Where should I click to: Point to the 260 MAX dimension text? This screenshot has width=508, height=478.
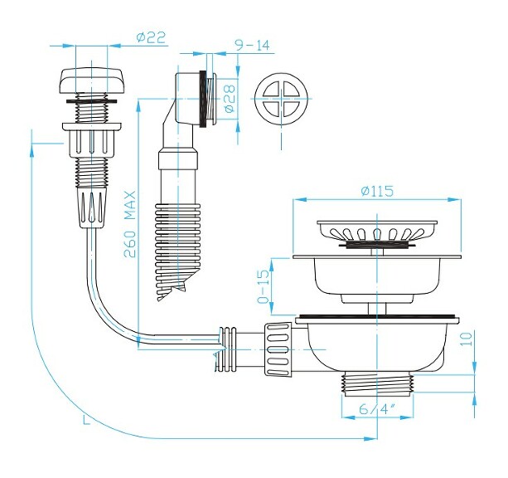[x=130, y=227]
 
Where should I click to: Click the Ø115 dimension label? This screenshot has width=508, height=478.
[x=377, y=191]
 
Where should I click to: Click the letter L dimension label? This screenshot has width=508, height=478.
[x=86, y=421]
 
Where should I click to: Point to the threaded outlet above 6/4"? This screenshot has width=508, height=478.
[x=378, y=384]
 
